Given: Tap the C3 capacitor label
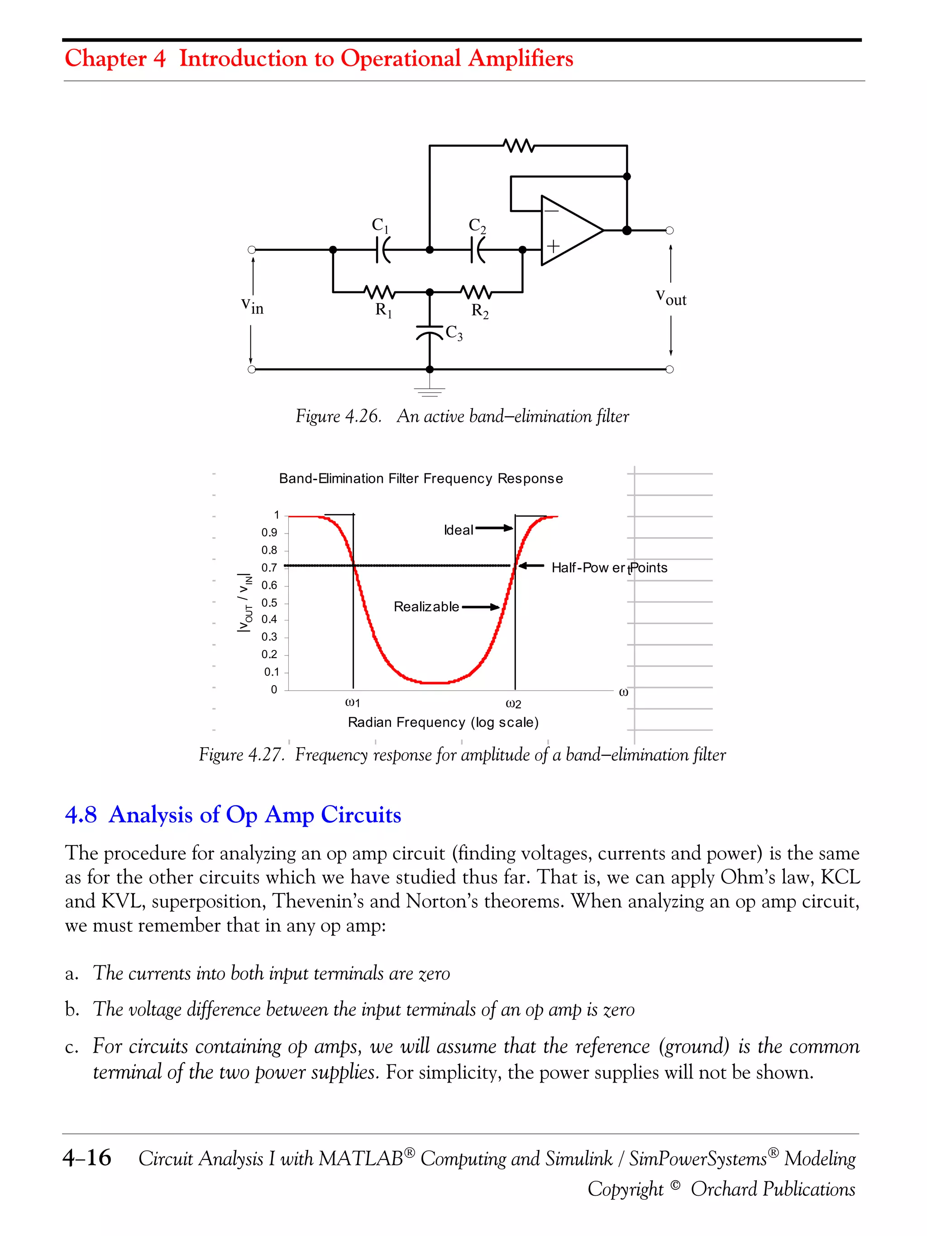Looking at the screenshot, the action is coord(454,333).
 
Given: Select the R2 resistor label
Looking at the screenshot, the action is coord(479,310).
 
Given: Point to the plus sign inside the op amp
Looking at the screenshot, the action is coord(553,246).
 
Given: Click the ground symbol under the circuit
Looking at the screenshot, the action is coord(429,391).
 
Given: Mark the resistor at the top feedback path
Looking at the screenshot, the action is coord(519,146).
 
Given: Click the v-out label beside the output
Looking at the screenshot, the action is coord(670,297).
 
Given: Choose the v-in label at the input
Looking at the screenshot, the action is coord(252,305).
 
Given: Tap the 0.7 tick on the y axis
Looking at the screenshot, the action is coord(269,568).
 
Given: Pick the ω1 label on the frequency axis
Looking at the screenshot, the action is coord(353,703).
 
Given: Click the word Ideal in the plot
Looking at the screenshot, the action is coord(458,530).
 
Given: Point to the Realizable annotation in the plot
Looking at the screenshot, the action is coord(426,607).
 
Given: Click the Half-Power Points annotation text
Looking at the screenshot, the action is coord(609,568).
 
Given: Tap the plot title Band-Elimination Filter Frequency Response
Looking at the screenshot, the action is coord(421,478).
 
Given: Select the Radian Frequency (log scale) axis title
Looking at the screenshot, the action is coord(443,722).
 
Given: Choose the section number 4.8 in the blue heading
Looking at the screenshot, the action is coord(81,815).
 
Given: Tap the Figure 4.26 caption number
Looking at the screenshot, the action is coord(338,416).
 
